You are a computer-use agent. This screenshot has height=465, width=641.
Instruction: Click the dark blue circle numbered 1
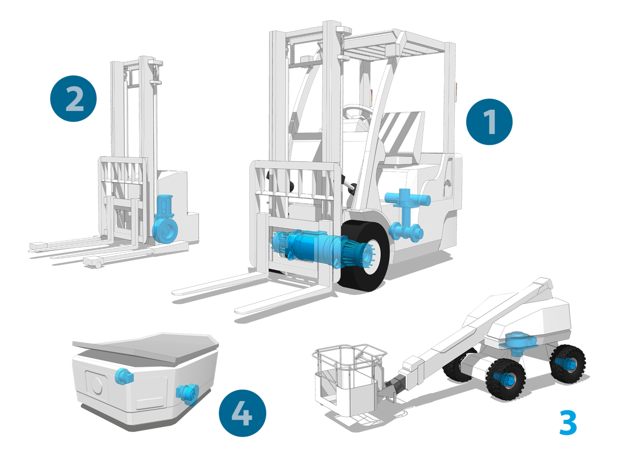(x=489, y=122)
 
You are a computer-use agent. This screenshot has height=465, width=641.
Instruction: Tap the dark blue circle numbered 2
(x=74, y=98)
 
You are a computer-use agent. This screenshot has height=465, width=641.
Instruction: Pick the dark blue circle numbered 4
(x=242, y=413)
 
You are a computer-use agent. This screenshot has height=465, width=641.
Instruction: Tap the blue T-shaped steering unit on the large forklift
(x=407, y=214)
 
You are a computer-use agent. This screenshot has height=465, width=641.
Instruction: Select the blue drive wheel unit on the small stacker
(x=164, y=219)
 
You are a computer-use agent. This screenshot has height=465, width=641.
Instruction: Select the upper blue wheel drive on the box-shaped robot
(x=124, y=376)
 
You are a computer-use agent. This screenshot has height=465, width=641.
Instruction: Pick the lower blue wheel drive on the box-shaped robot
(x=187, y=394)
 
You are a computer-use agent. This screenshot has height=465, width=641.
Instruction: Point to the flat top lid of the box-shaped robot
(x=146, y=347)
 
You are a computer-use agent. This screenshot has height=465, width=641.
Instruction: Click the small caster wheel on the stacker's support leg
(x=98, y=265)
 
